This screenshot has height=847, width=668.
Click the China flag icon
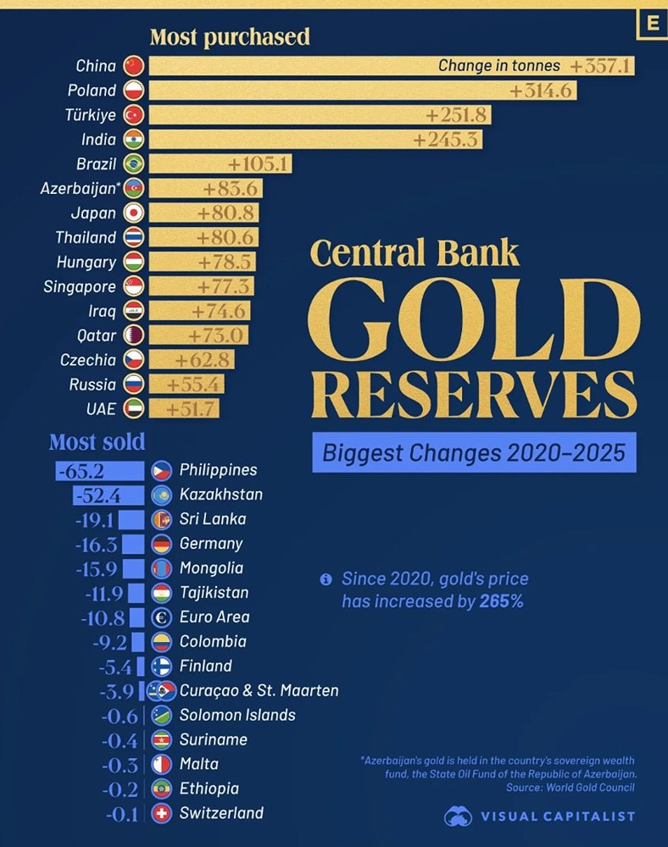click(134, 66)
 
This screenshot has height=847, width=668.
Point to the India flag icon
click(134, 139)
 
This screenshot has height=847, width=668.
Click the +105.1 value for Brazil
click(259, 163)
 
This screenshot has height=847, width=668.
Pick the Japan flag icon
click(134, 213)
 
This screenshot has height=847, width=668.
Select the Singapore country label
click(80, 286)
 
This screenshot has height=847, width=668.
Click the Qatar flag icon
click(134, 335)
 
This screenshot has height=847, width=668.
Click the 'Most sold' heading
click(97, 441)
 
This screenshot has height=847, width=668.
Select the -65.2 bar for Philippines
click(100, 470)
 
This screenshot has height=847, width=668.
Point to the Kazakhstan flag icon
click(161, 495)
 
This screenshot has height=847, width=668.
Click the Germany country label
click(211, 543)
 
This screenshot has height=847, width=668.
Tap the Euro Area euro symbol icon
click(161, 617)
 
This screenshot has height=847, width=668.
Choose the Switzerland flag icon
click(161, 813)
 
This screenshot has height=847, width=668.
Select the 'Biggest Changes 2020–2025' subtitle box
click(474, 452)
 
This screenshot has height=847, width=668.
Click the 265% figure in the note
click(501, 601)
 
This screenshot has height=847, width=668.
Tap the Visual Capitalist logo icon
click(459, 817)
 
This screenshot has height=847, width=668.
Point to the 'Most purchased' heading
click(230, 37)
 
